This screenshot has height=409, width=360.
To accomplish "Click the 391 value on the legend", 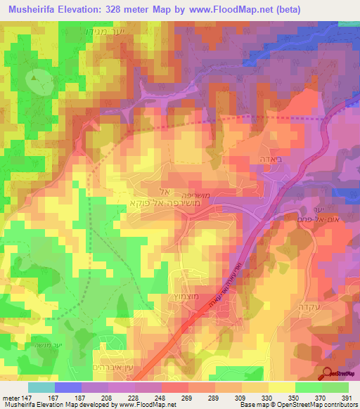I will (x=347, y=398).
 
